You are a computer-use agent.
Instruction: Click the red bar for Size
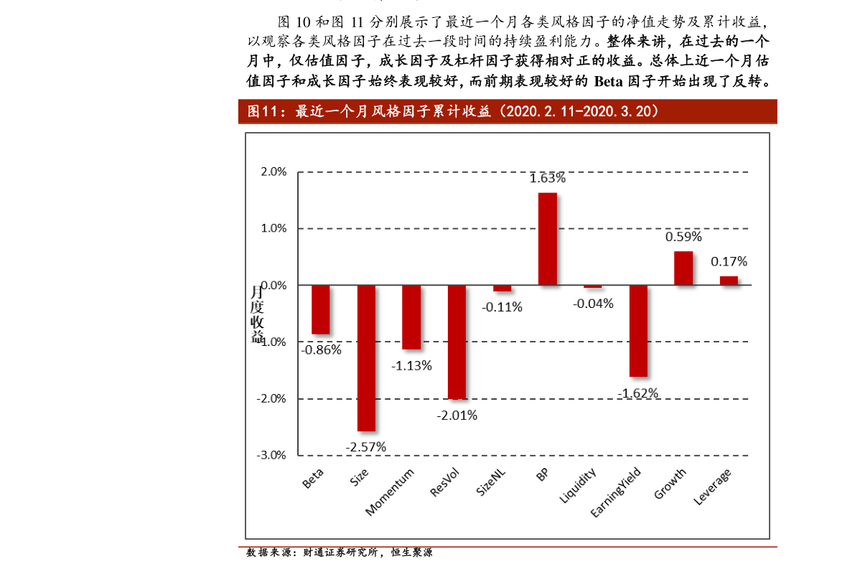coord(366,357)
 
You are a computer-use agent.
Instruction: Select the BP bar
coord(547,239)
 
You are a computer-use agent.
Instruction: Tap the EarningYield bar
coord(638,330)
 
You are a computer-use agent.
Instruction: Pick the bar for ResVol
coord(457,342)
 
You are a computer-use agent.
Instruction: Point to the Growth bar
coord(683,268)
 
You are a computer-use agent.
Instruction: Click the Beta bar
coord(321,309)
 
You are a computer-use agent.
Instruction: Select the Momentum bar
coord(411,317)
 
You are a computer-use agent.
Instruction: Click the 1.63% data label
coord(547,178)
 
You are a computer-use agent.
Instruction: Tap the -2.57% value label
coord(366,446)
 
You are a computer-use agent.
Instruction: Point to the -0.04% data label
coord(593,304)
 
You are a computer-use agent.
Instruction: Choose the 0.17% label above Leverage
coord(729,261)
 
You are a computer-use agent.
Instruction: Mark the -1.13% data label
coord(411,365)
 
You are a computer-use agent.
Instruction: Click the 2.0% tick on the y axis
coord(274,172)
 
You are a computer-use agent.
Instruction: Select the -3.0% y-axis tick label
coord(272,455)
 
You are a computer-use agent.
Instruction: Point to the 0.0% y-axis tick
coord(274,286)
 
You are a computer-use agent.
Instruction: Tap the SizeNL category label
coord(492,483)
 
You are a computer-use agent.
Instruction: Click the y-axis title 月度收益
coord(257,314)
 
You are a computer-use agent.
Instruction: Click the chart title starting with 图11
coord(453,111)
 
